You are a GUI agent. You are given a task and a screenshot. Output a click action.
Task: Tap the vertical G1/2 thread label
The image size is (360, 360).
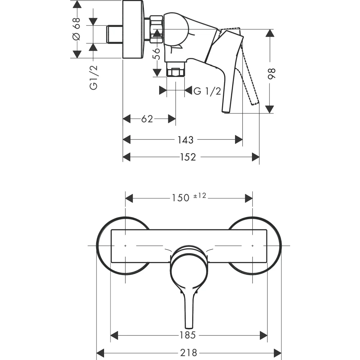(x=94, y=77)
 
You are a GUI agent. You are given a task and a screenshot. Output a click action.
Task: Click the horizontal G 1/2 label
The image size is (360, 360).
(x=207, y=91)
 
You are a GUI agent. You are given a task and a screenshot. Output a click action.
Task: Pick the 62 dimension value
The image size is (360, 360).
(x=147, y=119)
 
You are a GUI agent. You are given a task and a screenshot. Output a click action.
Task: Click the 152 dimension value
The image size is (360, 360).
(x=188, y=157)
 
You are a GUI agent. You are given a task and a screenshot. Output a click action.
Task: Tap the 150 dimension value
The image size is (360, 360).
(x=180, y=198)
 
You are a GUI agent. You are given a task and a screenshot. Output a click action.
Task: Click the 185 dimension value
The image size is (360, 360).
(x=188, y=336)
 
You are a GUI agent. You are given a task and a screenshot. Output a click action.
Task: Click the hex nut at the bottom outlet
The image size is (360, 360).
(x=176, y=72)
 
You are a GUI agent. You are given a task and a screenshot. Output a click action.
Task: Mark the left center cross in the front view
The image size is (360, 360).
(x=125, y=246)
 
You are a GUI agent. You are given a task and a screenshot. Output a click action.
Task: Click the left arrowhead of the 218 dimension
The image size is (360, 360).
(x=101, y=352)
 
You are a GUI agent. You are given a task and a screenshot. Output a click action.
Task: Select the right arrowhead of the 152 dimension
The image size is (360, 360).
(x=255, y=157)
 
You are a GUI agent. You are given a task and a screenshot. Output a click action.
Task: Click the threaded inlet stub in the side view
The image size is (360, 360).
(x=115, y=34)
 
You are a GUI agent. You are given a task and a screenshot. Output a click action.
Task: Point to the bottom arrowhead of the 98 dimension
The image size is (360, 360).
(x=270, y=109)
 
